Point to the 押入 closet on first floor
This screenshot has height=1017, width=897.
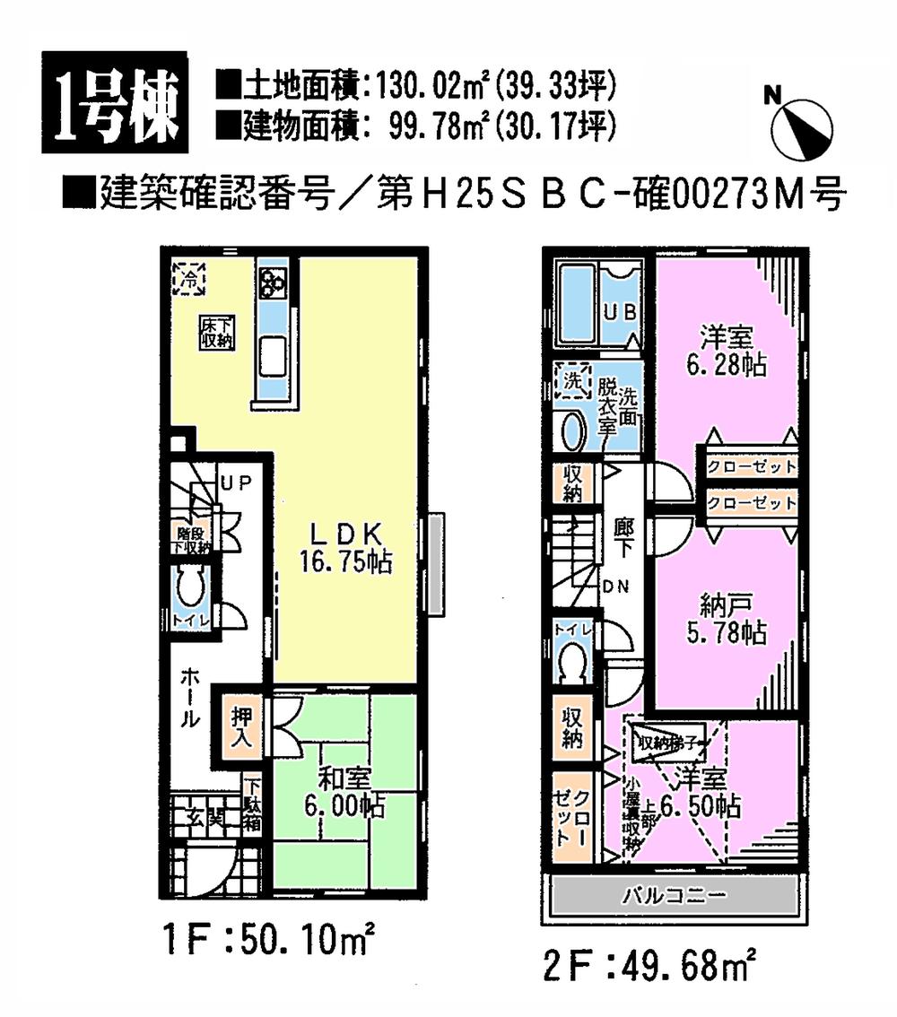pyautogui.click(x=241, y=728)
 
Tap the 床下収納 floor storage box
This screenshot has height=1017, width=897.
pyautogui.click(x=216, y=333)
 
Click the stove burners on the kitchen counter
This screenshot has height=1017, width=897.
pyautogui.click(x=272, y=284)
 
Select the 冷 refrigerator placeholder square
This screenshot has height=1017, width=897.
pyautogui.click(x=189, y=280)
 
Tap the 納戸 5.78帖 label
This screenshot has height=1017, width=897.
pyautogui.click(x=727, y=620)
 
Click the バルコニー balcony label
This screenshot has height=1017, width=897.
pyautogui.click(x=672, y=896)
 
